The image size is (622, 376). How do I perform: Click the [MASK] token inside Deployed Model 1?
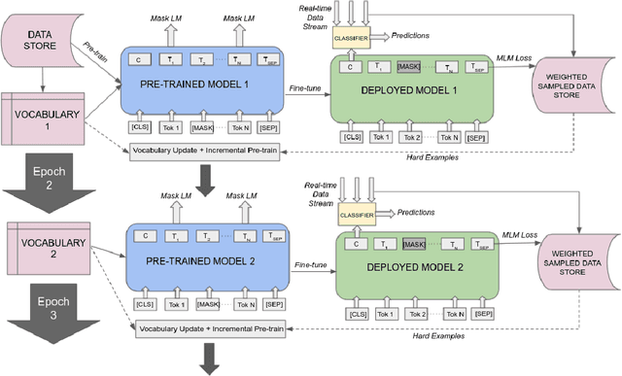pyautogui.click(x=408, y=67)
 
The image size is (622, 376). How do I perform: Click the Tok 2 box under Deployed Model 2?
pyautogui.click(x=418, y=315)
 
